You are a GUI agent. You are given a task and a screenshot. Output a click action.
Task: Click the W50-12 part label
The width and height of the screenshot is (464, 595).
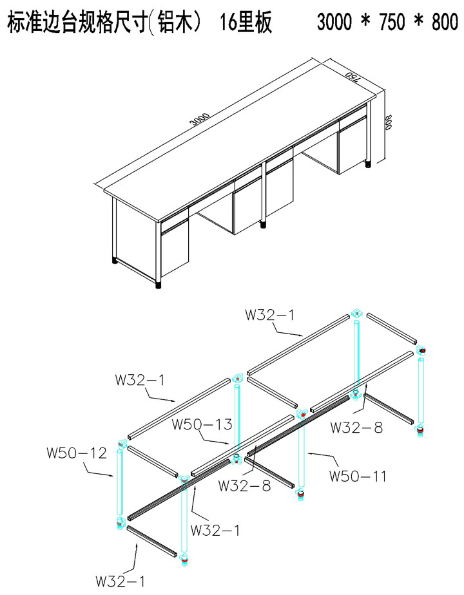coord(77,453)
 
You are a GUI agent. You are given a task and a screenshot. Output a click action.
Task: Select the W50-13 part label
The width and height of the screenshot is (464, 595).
coord(202,424)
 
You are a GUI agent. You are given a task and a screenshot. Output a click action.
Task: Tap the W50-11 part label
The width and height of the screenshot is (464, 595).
coord(358,476)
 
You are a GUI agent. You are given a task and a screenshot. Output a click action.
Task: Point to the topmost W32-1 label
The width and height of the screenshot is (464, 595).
coord(269,315)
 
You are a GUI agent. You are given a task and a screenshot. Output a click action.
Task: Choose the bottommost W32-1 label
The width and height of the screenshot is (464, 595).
coord(120,581)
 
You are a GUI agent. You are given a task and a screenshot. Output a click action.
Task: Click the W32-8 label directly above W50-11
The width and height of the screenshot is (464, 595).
coord(356,428)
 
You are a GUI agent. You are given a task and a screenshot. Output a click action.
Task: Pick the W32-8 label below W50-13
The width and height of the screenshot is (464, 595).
coord(244,486)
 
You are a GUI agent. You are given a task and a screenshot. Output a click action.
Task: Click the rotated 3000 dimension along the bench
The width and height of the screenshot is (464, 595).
coord(200,118)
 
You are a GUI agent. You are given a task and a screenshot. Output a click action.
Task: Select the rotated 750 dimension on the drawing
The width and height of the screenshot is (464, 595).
coord(353,76)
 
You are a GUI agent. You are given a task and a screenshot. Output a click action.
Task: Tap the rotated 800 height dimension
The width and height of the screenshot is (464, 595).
coord(388,122)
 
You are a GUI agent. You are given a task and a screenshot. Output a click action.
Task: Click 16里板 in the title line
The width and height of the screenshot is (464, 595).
coord(246,22)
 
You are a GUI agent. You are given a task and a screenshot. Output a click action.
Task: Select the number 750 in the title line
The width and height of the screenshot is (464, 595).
coord(392,22)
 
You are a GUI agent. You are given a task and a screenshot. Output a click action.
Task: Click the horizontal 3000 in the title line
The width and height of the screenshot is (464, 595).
coord(334,22)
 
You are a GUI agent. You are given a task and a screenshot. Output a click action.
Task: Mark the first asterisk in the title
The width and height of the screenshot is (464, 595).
coord(365,21)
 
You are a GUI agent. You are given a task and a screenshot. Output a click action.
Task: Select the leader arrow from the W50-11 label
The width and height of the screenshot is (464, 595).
coord(322,457)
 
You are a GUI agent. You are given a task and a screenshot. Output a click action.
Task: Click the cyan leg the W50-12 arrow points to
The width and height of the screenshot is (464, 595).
coord(120,482)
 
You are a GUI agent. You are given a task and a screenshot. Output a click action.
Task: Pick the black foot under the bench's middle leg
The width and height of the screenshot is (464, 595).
coord(263,224)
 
